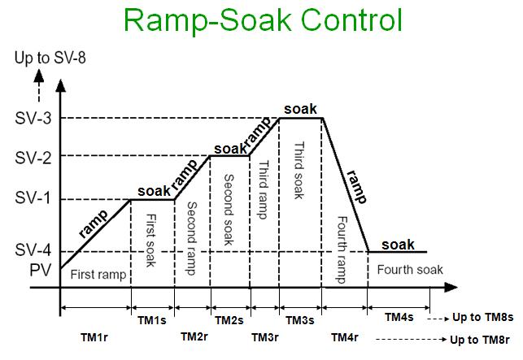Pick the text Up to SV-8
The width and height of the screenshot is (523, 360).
[47, 58]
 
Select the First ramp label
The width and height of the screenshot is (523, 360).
[98, 275]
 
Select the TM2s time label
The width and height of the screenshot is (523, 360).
[228, 322]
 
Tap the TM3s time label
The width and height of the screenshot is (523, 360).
[299, 322]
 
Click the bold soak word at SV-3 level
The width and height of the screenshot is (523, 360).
[299, 109]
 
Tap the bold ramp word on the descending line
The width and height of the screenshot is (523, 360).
[353, 187]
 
